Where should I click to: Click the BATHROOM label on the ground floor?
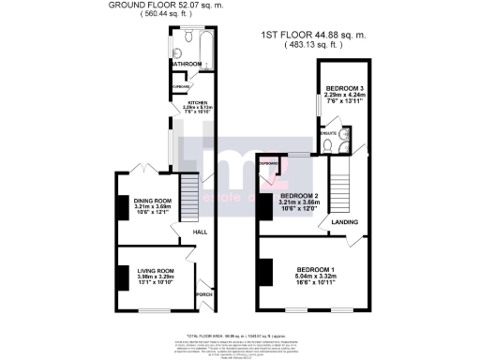pyautogui.click(x=187, y=65)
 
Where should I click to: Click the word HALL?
pyautogui.click(x=201, y=232)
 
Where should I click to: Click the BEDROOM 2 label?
pyautogui.click(x=300, y=195)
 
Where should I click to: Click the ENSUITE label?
pyautogui.click(x=328, y=132)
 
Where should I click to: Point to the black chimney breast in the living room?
pyautogui.click(x=121, y=278)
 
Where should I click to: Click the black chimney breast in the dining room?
pyautogui.click(x=121, y=208)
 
